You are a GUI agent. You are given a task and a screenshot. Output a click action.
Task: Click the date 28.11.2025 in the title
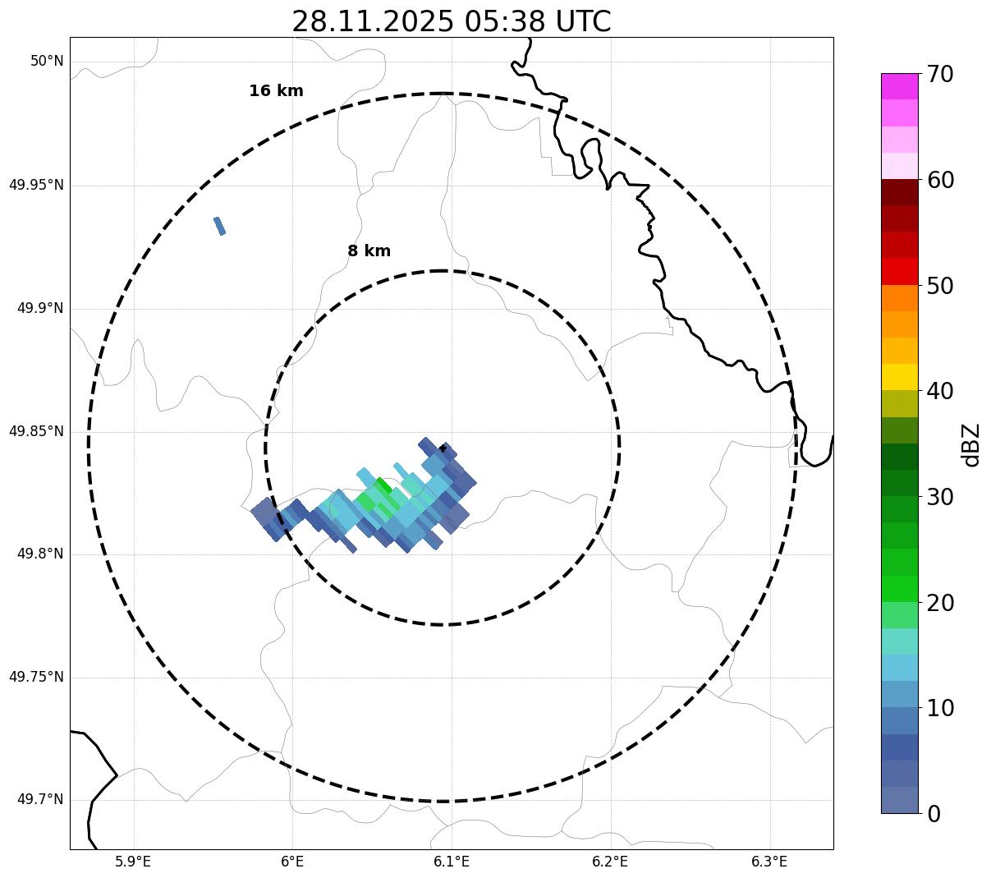coord(372,21)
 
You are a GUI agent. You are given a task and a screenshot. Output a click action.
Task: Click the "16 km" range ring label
coord(276,91)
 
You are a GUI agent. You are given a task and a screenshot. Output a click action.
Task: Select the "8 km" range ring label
coord(369,251)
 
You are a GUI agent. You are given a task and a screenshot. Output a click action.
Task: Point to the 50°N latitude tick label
coord(47,62)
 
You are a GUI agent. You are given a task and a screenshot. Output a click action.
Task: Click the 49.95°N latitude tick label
coord(36,185)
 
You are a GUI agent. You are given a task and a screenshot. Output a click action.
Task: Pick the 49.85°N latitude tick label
coord(36,431)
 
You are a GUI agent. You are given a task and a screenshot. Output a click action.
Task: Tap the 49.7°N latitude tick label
coord(40,800)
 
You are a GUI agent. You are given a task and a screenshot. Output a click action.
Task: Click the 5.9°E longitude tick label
coord(133,862)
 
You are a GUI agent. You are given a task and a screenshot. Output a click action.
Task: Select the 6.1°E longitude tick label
coord(452,862)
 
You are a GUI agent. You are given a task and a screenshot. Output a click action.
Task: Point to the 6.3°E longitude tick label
coord(769,862)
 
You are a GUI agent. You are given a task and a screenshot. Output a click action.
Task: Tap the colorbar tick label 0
coord(934,814)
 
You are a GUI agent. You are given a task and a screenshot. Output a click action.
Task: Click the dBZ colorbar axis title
coord(972,444)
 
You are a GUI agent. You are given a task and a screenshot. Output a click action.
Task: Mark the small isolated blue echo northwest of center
coord(219,226)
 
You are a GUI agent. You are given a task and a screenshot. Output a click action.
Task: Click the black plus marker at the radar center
coord(443,448)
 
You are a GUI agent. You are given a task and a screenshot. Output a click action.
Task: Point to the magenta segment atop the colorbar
coord(899,86)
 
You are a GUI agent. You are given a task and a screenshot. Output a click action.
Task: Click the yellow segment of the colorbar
coord(899,377)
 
